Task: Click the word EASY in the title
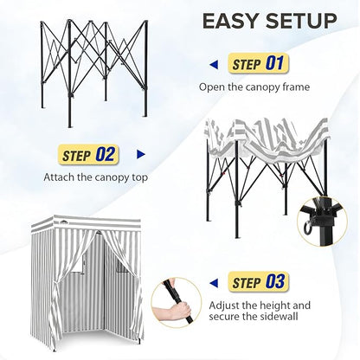[x=229, y=21]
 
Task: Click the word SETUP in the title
[x=301, y=21]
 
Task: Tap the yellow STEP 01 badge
[x=258, y=63]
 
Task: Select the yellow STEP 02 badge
[x=88, y=155]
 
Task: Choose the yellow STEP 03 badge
[x=258, y=282]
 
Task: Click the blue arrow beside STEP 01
[x=214, y=65]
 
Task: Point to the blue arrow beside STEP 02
[x=141, y=155]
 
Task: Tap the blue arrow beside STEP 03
[x=214, y=283]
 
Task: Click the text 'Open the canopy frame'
[x=254, y=87]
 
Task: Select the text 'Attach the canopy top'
[x=95, y=177]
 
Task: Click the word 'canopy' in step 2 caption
[x=111, y=177]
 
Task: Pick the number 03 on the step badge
[x=275, y=281]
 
